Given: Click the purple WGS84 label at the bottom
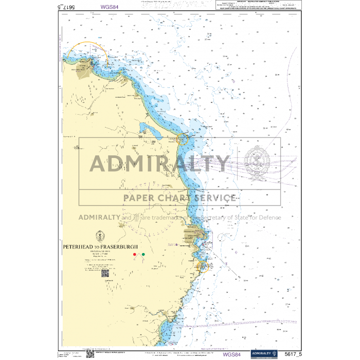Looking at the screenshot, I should coord(231,354).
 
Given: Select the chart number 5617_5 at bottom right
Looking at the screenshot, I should coord(292,354).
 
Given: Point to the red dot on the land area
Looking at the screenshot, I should coord(134,254).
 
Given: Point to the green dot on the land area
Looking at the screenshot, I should coord(143,254).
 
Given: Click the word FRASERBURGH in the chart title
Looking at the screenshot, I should coord(124,247).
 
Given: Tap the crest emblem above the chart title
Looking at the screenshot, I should coord(101,238).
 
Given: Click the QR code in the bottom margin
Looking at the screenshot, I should coord(89,353).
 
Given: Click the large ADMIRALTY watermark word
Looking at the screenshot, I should coord(159,164).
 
